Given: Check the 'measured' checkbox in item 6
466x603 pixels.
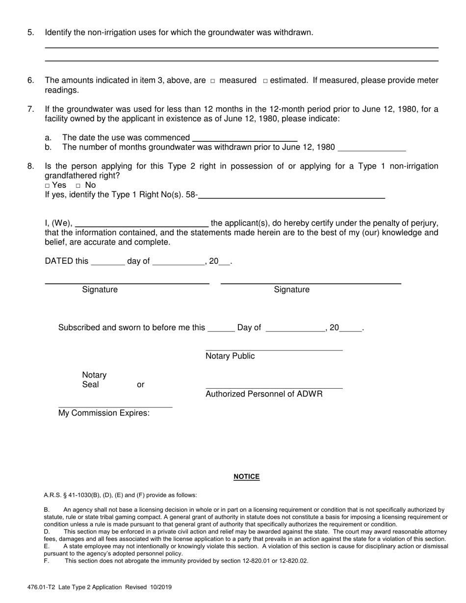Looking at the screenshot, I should tap(212, 81).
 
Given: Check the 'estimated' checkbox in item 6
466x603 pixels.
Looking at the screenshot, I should tap(265, 81).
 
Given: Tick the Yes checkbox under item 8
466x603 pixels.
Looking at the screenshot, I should tap(48, 186).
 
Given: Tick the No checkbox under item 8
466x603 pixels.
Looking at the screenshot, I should tap(78, 186).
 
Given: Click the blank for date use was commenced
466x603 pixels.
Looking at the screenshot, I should tap(245, 137).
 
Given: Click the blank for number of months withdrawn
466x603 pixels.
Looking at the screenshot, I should tap(372, 147).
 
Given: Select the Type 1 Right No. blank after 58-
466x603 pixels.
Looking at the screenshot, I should tap(291, 195).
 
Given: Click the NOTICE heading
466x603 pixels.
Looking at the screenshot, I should tap(246, 477).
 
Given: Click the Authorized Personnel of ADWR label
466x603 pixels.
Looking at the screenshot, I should tap(264, 394).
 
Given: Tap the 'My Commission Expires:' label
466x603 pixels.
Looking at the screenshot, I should tap(104, 413).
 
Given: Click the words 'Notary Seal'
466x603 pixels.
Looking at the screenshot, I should tap(94, 380).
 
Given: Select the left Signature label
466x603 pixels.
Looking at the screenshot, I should tap(100, 290).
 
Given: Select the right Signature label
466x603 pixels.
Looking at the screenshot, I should tap(291, 290).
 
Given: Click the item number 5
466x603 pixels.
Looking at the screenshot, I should tap(31, 33).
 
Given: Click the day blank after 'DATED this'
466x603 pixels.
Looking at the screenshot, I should tap(108, 262).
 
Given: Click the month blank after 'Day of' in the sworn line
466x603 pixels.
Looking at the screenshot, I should tap(295, 328).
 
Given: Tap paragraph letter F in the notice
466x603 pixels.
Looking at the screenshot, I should tap(47, 561).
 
